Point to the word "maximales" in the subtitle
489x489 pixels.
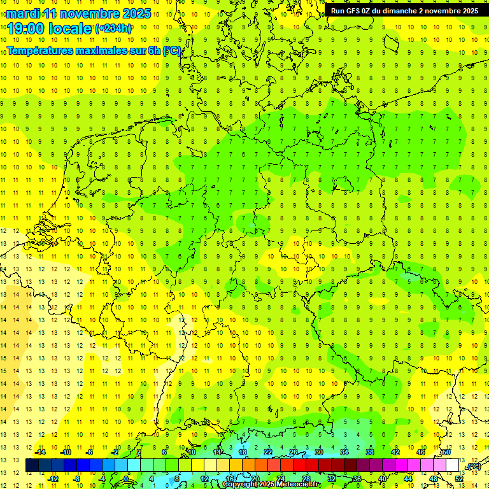point(97,51)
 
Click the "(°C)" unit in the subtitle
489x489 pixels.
point(171,51)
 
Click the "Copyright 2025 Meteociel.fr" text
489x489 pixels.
point(271,485)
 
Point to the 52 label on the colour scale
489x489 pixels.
point(458,478)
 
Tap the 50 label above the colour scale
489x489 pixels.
point(446,452)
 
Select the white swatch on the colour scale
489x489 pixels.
point(452,465)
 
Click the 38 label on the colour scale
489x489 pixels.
point(369,452)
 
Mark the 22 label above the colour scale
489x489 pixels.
point(267,452)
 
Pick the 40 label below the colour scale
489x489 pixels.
point(382,478)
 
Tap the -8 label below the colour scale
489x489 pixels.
point(77,478)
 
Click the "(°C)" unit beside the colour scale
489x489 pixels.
point(472,466)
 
